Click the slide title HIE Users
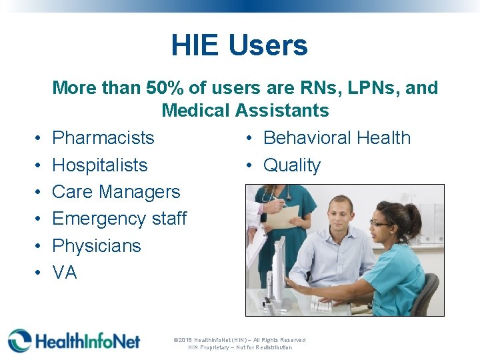coord(239,45)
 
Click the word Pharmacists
coord(103,138)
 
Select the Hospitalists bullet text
coord(99,165)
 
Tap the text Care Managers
coord(116,192)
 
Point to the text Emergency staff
coord(119,219)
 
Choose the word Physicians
coord(97,246)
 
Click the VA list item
coord(65,273)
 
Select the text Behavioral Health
coord(337,138)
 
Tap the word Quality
coord(292,165)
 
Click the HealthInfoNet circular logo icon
coord(19,341)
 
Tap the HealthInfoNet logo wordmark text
coord(87,341)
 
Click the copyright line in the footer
coord(239,340)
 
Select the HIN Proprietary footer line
coord(239,347)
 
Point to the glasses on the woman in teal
coord(381,223)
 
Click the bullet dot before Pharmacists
coord(37,139)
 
